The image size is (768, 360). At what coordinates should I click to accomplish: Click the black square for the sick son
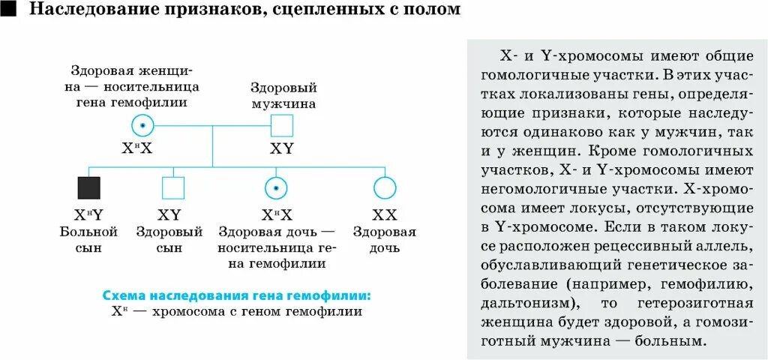(x=88, y=187)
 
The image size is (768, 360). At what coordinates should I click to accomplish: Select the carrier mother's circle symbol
(x=142, y=125)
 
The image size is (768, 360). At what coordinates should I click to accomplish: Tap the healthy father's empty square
(x=281, y=125)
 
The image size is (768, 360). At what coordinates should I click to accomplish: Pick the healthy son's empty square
(x=172, y=187)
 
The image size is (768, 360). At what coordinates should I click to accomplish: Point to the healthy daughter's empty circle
(x=384, y=187)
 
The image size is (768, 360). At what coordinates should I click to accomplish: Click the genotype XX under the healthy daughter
(x=384, y=214)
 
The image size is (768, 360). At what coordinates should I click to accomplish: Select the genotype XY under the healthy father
(x=281, y=148)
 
